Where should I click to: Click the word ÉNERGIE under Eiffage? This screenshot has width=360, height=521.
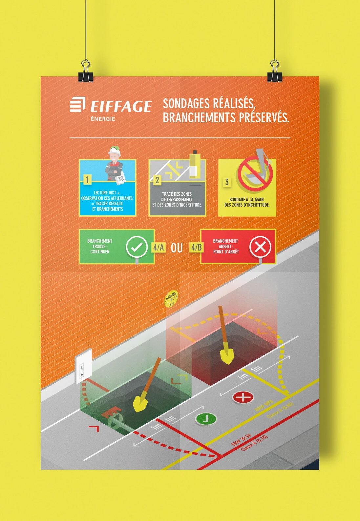pyautogui.click(x=103, y=119)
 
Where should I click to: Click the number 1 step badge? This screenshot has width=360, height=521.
pyautogui.click(x=87, y=179)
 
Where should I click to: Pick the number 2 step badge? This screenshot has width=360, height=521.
pyautogui.click(x=157, y=180)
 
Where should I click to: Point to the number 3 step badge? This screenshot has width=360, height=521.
pyautogui.click(x=227, y=182)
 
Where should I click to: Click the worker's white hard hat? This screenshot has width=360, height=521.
pyautogui.click(x=114, y=151)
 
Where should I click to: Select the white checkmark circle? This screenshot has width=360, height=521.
pyautogui.click(x=137, y=247)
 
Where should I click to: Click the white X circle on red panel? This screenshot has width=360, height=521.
pyautogui.click(x=260, y=247)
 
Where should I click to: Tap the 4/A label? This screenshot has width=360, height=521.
pyautogui.click(x=159, y=247)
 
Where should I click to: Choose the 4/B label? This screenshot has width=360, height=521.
pyautogui.click(x=196, y=247)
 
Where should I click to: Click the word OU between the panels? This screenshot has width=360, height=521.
pyautogui.click(x=177, y=248)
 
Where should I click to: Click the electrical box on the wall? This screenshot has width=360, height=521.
pyautogui.click(x=82, y=366)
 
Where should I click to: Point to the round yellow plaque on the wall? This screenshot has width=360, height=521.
pyautogui.click(x=171, y=299)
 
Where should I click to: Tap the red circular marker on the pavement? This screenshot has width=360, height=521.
pyautogui.click(x=243, y=397)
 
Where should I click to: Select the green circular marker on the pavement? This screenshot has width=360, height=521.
pyautogui.click(x=206, y=419)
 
